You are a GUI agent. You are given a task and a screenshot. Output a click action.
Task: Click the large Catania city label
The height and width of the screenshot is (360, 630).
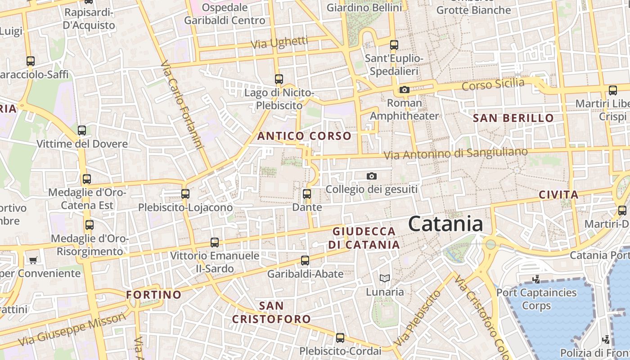(445, 224)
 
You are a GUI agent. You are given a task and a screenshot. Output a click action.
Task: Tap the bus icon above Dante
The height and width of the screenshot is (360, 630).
(306, 194)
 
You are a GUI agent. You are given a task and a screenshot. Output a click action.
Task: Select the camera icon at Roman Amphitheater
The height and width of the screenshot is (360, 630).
(404, 90)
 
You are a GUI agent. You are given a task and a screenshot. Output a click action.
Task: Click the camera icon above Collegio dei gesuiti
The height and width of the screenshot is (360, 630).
(371, 176)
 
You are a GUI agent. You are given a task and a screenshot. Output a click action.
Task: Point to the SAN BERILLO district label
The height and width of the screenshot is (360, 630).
(513, 118)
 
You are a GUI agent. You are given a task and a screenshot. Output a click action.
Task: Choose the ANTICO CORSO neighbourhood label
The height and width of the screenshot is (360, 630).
(304, 136)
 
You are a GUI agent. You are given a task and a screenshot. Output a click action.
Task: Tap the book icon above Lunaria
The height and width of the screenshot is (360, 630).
(384, 279)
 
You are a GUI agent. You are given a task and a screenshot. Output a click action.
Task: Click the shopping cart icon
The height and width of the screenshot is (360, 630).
(33, 260)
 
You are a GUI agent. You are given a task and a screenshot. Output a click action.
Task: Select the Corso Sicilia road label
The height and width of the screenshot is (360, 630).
(493, 84)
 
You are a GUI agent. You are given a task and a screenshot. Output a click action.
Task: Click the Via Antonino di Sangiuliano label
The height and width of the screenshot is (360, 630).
(455, 153)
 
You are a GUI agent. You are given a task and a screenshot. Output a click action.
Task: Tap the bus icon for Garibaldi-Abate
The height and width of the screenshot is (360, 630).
(305, 261)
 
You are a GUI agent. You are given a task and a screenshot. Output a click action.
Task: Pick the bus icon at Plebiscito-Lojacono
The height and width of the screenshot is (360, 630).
(185, 194)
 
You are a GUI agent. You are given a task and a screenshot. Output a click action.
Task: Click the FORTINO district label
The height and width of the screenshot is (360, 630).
(154, 295)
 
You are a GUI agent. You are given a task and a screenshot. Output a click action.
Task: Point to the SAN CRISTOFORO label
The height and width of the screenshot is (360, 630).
(271, 312)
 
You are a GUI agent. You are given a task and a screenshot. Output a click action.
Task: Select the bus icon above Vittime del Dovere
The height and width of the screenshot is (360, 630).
(82, 130)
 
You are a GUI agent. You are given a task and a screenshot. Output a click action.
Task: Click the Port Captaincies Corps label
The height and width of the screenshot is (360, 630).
(536, 299)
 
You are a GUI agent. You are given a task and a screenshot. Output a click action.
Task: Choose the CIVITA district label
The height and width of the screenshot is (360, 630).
(558, 195)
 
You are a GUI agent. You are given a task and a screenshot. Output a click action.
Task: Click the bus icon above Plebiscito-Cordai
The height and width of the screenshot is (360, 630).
(340, 337)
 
